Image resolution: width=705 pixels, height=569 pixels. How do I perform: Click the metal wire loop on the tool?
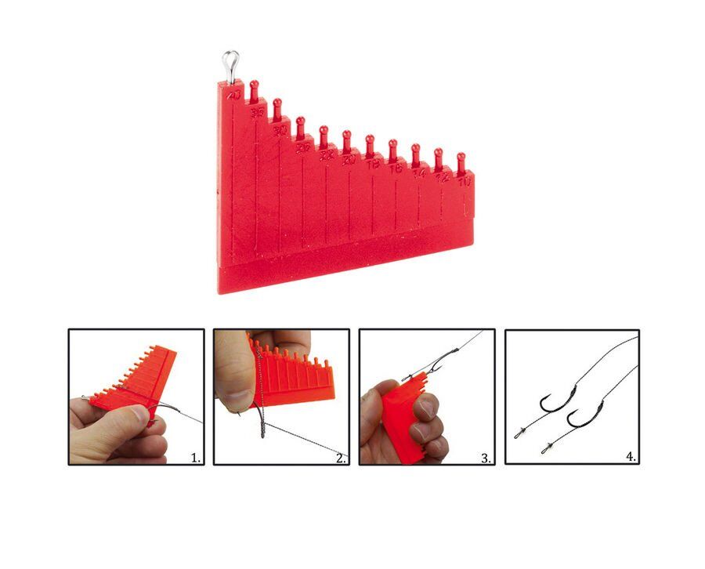click(230, 63)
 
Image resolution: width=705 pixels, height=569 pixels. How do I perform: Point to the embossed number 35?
click(256, 114)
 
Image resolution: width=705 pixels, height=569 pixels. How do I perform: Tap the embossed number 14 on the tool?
click(419, 173)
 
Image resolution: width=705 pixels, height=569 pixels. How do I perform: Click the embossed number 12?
click(442, 178)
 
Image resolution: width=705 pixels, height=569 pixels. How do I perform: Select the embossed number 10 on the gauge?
click(465, 183)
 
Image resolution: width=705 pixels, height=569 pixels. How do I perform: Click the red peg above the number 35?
click(254, 89)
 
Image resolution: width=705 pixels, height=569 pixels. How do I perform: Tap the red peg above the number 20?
click(347, 141)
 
